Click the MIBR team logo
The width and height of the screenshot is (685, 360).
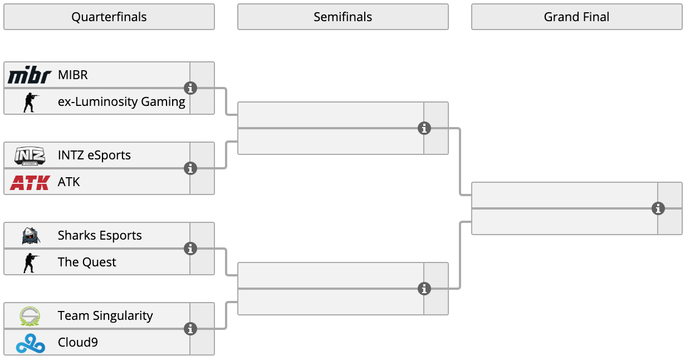(30, 75)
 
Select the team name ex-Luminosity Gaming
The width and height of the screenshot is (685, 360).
(121, 101)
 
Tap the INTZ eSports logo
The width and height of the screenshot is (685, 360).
(30, 155)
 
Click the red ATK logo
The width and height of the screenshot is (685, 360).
(30, 182)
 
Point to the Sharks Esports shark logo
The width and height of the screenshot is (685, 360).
(31, 236)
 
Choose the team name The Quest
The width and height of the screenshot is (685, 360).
(87, 262)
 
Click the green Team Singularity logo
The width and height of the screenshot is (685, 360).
(30, 316)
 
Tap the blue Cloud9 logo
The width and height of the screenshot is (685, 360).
(31, 343)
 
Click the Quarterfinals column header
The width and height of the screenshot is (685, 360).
(109, 17)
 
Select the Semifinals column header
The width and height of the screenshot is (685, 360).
(343, 17)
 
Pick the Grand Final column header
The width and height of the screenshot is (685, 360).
(577, 17)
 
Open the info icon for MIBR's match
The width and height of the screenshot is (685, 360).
(190, 88)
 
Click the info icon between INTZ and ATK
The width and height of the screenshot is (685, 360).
(190, 168)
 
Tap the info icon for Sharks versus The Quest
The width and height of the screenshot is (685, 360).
(190, 249)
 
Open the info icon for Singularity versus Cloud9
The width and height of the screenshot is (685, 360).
(190, 329)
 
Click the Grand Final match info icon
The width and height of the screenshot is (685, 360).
(658, 209)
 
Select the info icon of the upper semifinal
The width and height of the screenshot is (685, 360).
(424, 128)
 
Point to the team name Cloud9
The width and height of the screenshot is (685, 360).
(77, 343)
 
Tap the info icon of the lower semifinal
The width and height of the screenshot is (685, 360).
(424, 289)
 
